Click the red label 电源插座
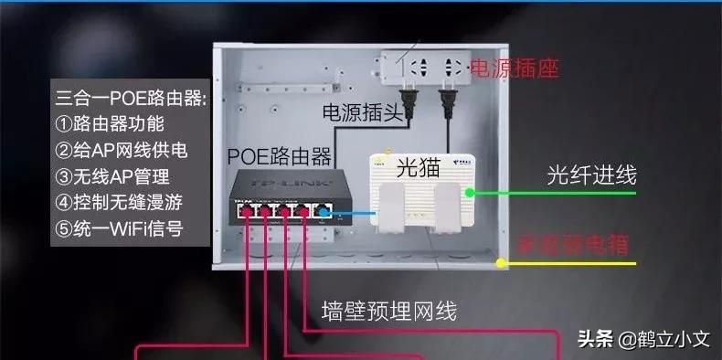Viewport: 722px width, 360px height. point(514,69)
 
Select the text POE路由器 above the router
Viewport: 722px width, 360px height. point(279,154)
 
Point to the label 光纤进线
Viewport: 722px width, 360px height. point(592,175)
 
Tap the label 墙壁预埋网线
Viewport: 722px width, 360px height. point(389,312)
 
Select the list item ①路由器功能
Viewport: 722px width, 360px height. point(110,123)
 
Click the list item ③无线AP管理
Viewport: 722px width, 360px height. point(112,175)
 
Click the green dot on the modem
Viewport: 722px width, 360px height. point(469,193)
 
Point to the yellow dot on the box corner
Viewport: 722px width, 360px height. point(501,263)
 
